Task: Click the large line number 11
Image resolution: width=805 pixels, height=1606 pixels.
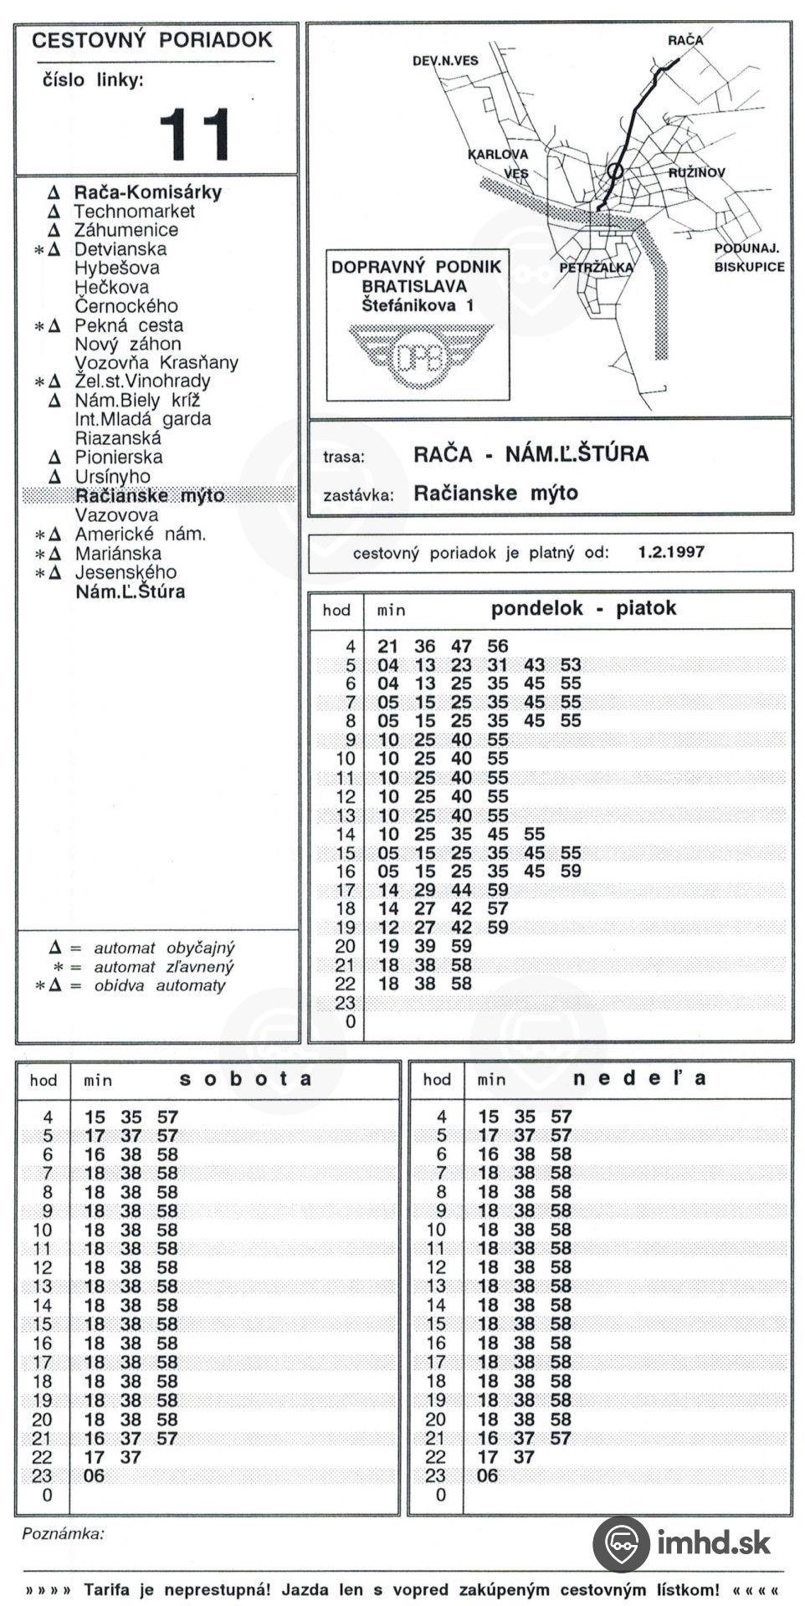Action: pos(194,134)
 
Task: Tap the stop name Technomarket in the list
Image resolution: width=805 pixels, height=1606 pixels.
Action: pos(134,212)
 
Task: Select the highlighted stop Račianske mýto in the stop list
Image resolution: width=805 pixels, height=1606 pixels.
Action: pos(150,495)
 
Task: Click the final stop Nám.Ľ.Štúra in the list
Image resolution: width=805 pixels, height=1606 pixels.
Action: pos(130,592)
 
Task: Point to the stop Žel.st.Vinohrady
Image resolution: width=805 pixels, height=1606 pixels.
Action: pos(142,381)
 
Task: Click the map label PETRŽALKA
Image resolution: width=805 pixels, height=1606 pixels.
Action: pos(596,269)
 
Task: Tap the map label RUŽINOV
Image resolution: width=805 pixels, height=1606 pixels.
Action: pos(696,173)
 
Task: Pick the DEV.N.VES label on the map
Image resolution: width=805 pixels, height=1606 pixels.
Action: pos(445,61)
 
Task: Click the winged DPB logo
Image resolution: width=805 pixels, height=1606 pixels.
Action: pos(421,355)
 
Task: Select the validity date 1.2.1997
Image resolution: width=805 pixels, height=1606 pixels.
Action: pos(671,552)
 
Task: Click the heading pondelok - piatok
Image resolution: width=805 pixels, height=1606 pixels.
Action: pos(583,608)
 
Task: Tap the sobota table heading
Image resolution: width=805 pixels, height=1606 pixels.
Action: pos(245,1078)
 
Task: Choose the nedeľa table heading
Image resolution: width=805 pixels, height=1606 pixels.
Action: pos(639,1078)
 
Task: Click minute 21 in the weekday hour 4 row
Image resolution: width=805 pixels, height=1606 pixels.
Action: pos(388,647)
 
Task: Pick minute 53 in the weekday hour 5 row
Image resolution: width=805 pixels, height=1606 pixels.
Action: pos(571,665)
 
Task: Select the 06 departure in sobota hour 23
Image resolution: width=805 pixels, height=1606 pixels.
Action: pos(95,1476)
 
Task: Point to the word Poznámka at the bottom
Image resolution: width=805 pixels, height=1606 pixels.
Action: pos(64,1533)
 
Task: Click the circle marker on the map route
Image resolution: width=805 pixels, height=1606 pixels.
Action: pos(615,171)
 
